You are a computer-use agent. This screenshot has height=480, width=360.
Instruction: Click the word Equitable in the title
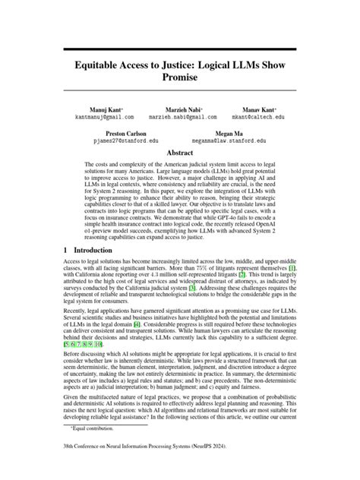point(103,65)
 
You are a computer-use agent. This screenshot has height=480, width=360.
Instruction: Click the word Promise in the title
point(180,77)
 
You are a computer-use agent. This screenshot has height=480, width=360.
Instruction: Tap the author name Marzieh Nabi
point(180,110)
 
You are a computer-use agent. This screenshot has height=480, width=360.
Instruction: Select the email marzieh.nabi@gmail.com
point(180,118)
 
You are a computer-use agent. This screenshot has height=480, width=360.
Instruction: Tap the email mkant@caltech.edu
point(258,118)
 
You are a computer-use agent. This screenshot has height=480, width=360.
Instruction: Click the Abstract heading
point(180,152)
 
